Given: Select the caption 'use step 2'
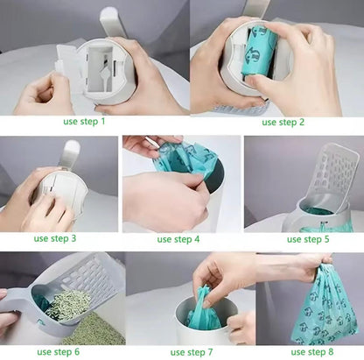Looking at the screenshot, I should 279,122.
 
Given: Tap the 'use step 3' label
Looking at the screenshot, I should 55,237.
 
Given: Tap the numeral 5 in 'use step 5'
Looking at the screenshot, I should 326,237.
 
